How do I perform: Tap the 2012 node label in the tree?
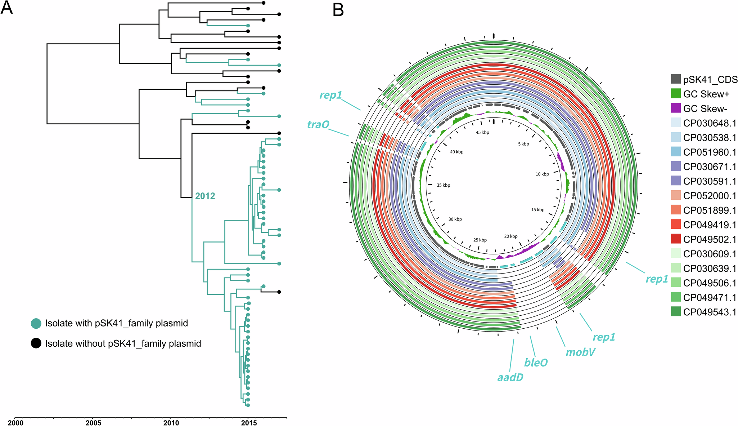(x=205, y=196)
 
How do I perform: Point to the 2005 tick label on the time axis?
(x=93, y=422)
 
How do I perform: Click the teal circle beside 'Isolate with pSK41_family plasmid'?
(x=36, y=323)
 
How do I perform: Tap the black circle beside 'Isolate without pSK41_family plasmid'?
(x=36, y=343)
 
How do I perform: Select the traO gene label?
(x=318, y=125)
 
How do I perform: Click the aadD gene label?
(x=510, y=377)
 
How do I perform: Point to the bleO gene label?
(x=536, y=363)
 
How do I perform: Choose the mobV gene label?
(x=580, y=352)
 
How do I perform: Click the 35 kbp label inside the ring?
(x=443, y=185)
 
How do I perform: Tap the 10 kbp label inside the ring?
(x=542, y=174)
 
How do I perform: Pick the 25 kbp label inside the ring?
(x=480, y=240)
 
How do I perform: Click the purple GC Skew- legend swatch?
(x=676, y=108)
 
